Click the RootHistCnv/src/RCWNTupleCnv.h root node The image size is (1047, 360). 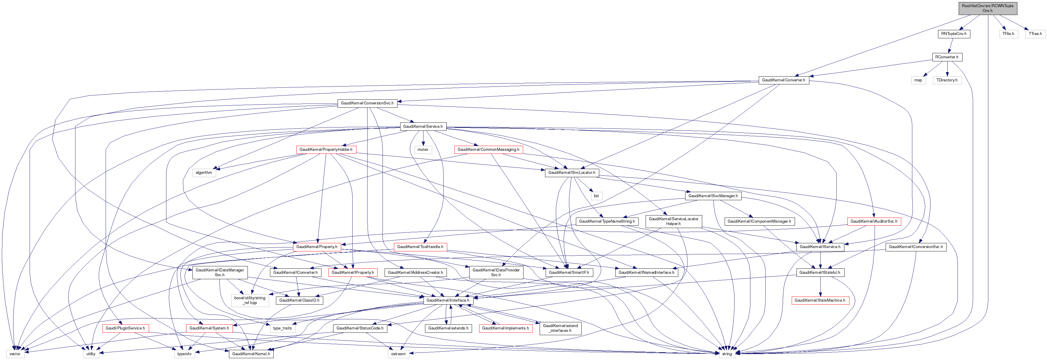coord(987,8)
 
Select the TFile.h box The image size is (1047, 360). coord(1008,34)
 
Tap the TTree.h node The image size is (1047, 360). coord(1035,34)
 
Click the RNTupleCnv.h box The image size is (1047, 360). coord(954,34)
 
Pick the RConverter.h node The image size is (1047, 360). coord(947,57)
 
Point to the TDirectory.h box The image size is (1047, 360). coord(947,80)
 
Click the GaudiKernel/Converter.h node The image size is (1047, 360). coord(783,80)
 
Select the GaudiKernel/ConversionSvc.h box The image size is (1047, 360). coord(367,103)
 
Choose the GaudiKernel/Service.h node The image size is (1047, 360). coord(423,126)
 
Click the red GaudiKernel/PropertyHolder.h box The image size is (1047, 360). coord(326,150)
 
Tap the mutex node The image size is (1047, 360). coord(423,150)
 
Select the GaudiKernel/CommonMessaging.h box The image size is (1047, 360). coord(488,150)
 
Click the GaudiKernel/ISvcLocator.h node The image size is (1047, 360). coord(571,173)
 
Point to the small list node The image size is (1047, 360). coord(596,196)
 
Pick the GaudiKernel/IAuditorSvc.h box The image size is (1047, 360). coord(874,221)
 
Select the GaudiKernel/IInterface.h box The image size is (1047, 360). coord(447,300)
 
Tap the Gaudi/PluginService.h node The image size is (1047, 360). coord(125,328)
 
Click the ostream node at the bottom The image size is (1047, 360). coord(398,354)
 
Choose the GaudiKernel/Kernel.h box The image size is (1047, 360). coord(251,354)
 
